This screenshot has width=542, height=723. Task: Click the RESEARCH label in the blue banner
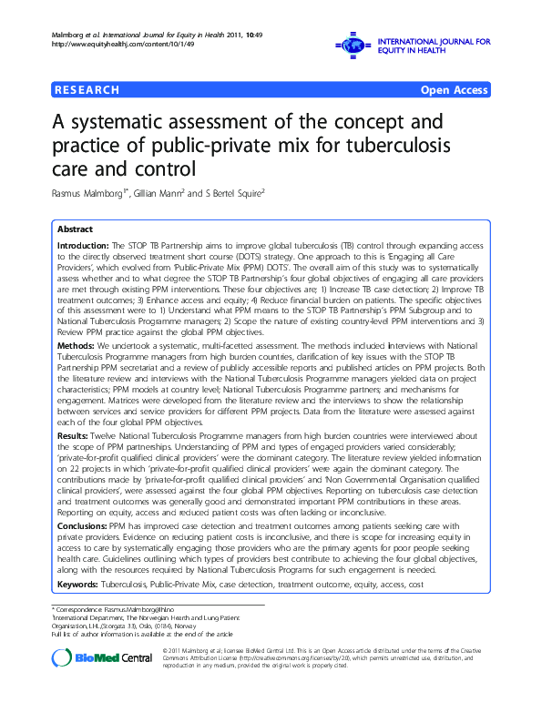tap(87, 89)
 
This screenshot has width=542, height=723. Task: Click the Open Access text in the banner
tap(453, 89)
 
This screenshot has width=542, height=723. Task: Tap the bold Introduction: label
tap(83, 247)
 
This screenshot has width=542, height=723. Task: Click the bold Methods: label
tap(76, 347)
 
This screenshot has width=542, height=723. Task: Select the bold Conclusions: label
tap(83, 526)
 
